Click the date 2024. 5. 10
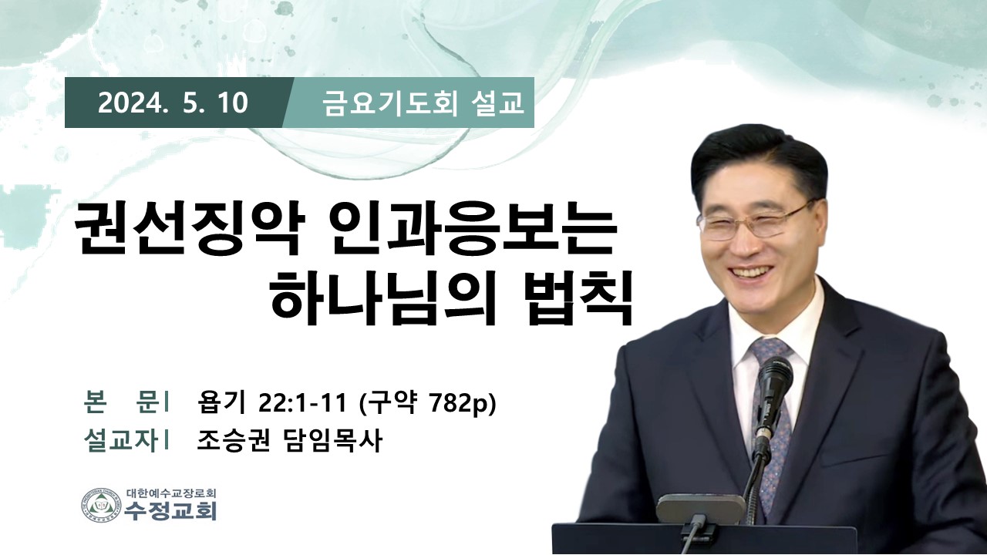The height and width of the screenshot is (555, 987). (173, 103)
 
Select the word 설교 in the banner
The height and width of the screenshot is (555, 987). (497, 103)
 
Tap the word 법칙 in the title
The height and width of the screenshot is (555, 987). (580, 299)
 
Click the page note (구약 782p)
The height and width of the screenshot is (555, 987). (428, 403)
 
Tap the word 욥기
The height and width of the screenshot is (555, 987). (221, 402)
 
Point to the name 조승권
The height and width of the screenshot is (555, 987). (233, 440)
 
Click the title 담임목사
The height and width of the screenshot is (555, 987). (331, 440)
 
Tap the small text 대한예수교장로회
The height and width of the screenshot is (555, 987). (171, 493)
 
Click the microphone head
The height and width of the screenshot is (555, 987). (775, 378)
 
